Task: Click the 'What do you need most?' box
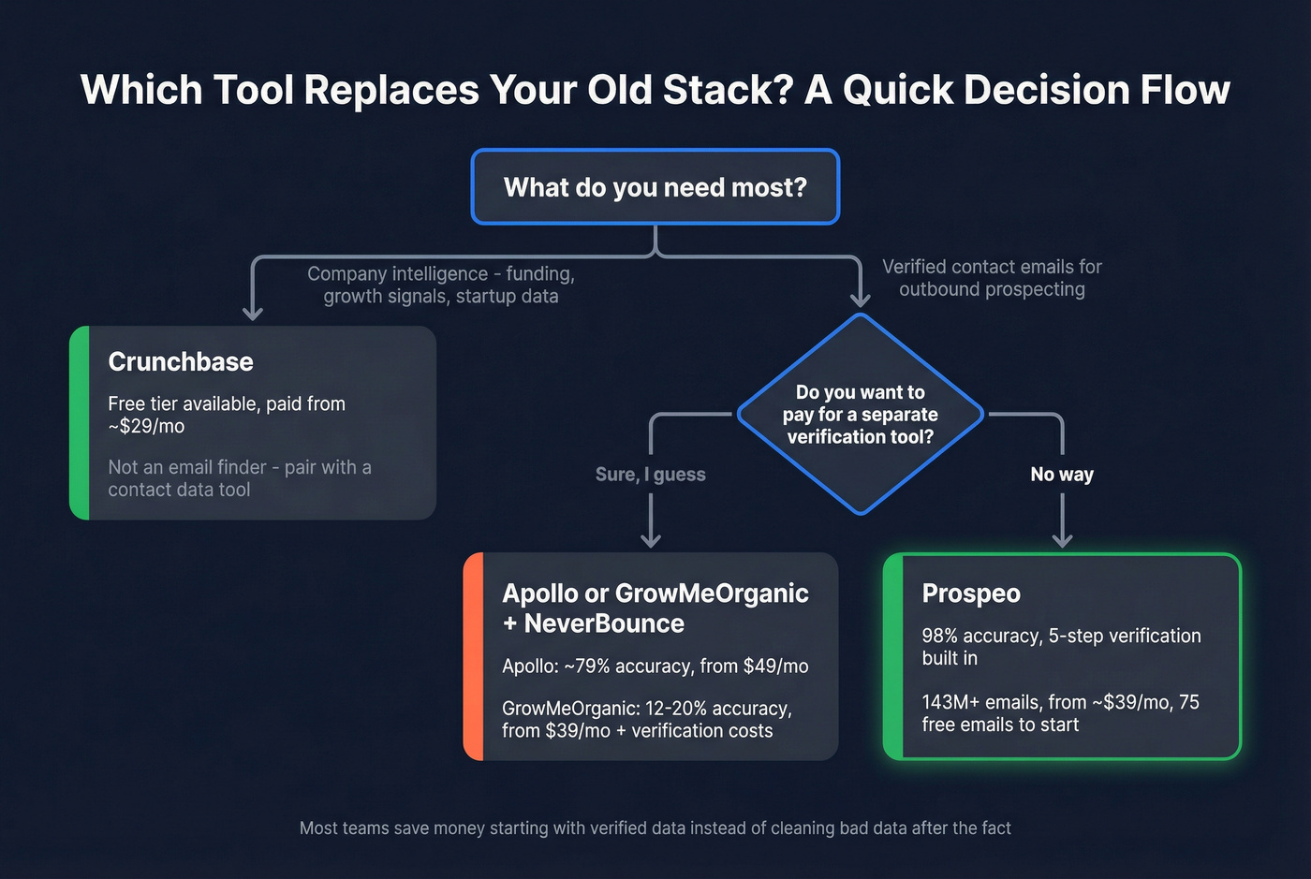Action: [x=655, y=187]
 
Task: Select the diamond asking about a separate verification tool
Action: [x=860, y=414]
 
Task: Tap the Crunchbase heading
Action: [x=181, y=361]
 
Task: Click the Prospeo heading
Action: [x=971, y=593]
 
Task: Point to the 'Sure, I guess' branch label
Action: [x=650, y=475]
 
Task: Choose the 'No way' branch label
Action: [x=1062, y=475]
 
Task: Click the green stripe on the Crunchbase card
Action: [x=80, y=423]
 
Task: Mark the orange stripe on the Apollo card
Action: [x=474, y=655]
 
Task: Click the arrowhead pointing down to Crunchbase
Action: [x=253, y=313]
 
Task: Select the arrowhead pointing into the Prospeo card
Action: [x=1062, y=539]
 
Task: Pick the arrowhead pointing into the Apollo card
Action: [x=651, y=539]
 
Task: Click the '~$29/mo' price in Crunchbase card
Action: [x=147, y=427]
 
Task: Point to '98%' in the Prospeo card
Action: [x=939, y=636]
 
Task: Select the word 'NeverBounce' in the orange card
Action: [x=604, y=623]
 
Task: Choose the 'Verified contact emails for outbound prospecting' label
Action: [x=992, y=278]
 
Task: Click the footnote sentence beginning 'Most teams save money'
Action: [x=655, y=828]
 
